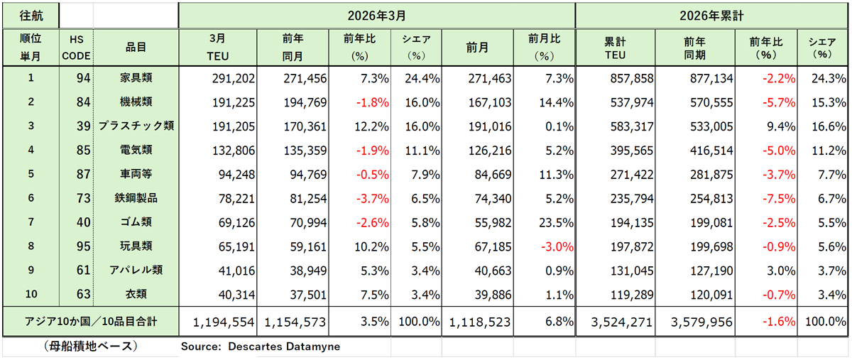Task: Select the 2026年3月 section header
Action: pyautogui.click(x=376, y=14)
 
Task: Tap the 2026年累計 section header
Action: pyautogui.click(x=713, y=14)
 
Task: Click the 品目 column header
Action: pyautogui.click(x=136, y=47)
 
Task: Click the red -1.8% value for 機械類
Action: pyautogui.click(x=373, y=102)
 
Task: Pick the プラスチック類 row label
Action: pyautogui.click(x=136, y=126)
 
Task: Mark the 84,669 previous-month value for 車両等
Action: pyautogui.click(x=485, y=174)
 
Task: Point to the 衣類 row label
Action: pyautogui.click(x=136, y=293)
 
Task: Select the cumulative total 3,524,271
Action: pyautogui.click(x=622, y=322)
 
